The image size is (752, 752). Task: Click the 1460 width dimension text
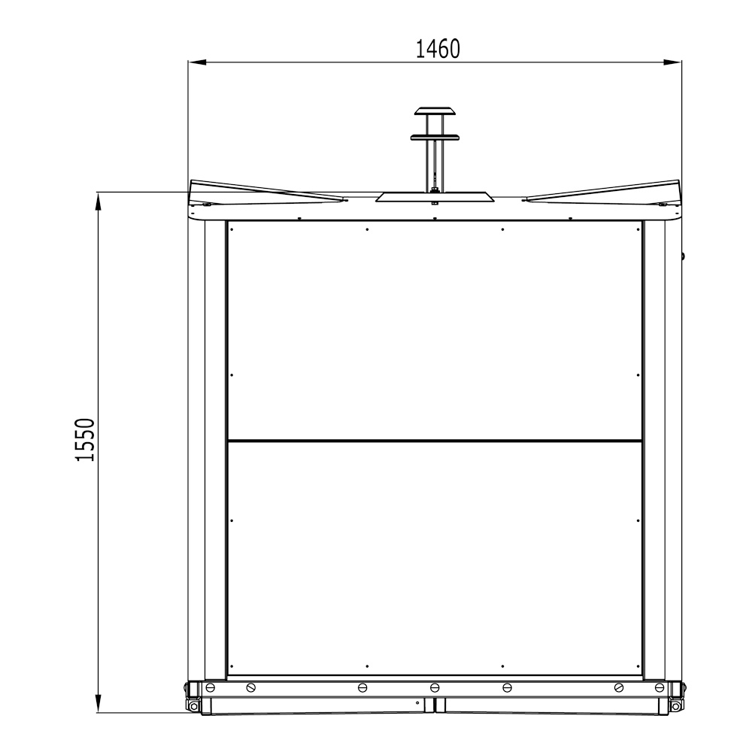coord(437,49)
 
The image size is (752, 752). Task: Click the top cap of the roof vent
coord(435,111)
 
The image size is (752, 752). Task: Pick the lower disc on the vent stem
coord(435,137)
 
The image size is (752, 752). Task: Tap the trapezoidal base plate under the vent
coord(435,197)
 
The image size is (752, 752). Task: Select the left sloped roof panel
coord(263,191)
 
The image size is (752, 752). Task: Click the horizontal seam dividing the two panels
coord(435,440)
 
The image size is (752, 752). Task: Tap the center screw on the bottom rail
coord(435,687)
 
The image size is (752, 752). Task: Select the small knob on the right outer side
coord(683,256)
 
